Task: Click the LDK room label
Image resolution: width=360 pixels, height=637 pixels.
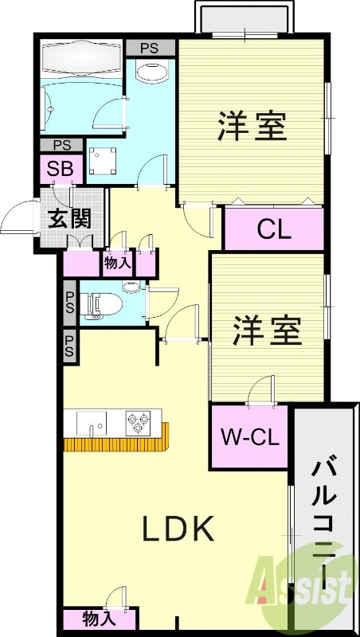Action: pyautogui.click(x=178, y=530)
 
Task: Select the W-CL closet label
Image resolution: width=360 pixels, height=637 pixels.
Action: pyautogui.click(x=248, y=436)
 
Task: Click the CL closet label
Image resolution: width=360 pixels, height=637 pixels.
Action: pyautogui.click(x=274, y=229)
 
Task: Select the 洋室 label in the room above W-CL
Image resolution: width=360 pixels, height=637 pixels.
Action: pyautogui.click(x=268, y=330)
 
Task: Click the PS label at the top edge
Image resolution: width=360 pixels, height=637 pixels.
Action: pyautogui.click(x=150, y=49)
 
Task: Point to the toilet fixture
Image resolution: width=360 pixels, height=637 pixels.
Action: pyautogui.click(x=101, y=303)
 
